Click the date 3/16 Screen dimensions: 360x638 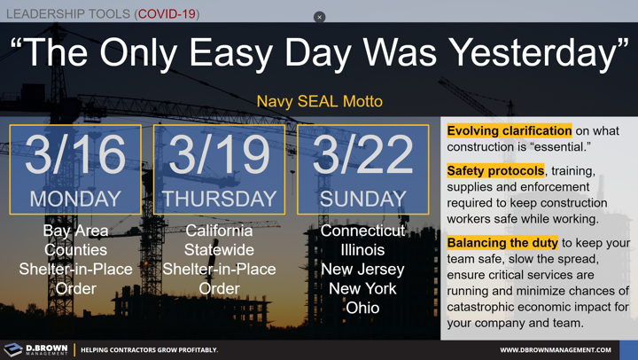tap(75, 156)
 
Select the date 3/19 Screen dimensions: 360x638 tap(219, 156)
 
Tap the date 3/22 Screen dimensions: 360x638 tap(362, 156)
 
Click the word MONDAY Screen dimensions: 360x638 tap(75, 199)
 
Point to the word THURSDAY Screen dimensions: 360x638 tap(219, 199)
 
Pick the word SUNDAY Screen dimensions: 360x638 tap(362, 199)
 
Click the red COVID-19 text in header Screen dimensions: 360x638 tap(167, 13)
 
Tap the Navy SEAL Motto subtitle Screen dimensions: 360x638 tap(319, 101)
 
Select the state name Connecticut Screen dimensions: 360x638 tap(362, 231)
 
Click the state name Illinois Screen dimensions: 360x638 tap(362, 250)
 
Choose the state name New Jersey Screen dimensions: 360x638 tap(362, 270)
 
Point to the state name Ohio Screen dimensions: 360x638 tap(362, 309)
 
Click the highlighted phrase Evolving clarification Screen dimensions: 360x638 tap(510, 131)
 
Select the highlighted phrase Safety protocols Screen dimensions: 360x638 tap(495, 170)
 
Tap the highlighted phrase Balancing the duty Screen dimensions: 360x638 tap(502, 242)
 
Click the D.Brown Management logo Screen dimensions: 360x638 tap(35, 349)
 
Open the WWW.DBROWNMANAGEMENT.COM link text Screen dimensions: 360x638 tap(556, 350)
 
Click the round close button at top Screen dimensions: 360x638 tap(319, 17)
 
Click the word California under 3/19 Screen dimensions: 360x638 tap(219, 231)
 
